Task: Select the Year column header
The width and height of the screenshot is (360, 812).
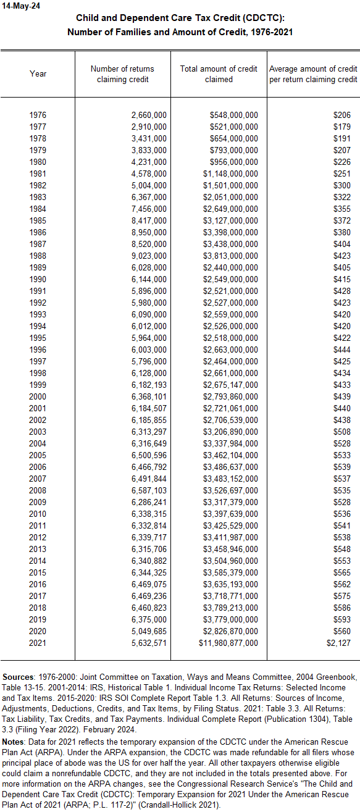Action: point(38,74)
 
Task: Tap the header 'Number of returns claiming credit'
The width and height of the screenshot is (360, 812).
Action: point(122,74)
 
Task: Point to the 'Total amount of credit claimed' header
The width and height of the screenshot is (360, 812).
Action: point(219,74)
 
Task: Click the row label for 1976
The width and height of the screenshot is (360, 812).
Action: point(38,115)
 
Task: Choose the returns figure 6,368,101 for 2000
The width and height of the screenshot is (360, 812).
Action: point(149,397)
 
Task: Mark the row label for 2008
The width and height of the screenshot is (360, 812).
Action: point(38,491)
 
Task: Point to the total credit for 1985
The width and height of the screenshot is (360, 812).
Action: point(230,221)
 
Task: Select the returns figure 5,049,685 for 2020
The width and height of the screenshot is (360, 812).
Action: point(149,632)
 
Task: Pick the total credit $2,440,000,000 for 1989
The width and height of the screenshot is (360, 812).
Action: point(230,268)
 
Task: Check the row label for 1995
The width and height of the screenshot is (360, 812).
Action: point(38,338)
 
